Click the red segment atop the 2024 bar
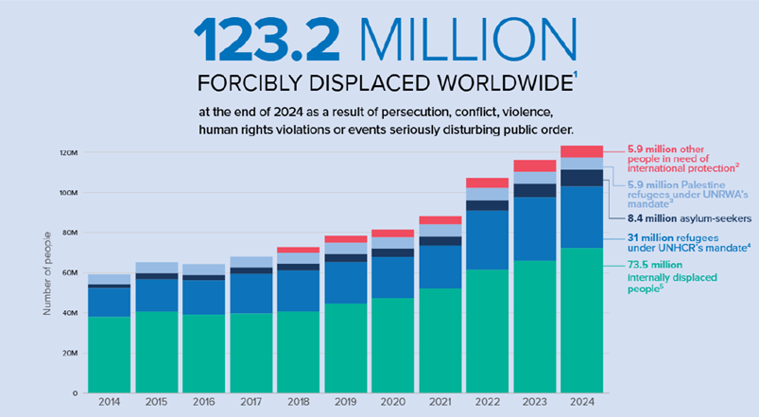pos(581,151)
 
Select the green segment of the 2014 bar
pos(109,355)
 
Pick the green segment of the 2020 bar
pos(392,345)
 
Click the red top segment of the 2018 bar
pos(298,250)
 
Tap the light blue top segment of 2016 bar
pos(203,269)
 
